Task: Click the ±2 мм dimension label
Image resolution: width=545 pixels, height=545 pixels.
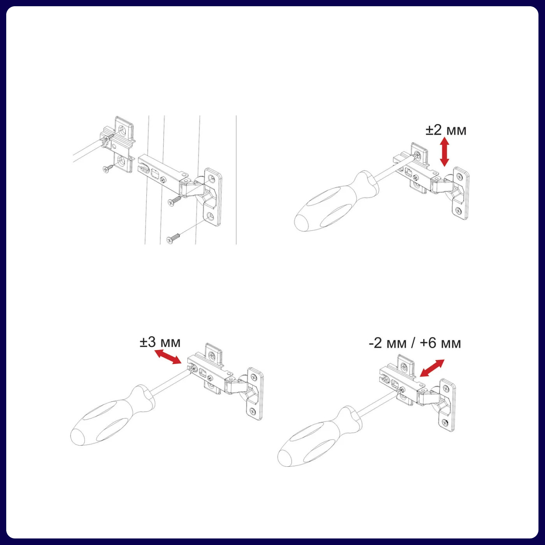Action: pos(446,130)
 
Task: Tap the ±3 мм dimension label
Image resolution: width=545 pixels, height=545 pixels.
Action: pos(160,342)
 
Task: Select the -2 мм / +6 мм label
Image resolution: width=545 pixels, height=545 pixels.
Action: pos(415,343)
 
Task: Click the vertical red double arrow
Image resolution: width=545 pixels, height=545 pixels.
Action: pos(445,151)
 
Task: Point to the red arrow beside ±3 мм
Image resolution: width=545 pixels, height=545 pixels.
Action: pos(168,357)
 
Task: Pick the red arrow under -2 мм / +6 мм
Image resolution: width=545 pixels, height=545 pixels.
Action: pos(432,368)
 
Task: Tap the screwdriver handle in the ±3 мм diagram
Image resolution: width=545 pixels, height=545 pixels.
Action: pos(112,415)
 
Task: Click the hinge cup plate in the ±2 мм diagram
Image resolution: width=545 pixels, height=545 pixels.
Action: pos(459,193)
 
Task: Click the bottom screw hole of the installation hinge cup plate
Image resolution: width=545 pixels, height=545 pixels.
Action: pos(211,216)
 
